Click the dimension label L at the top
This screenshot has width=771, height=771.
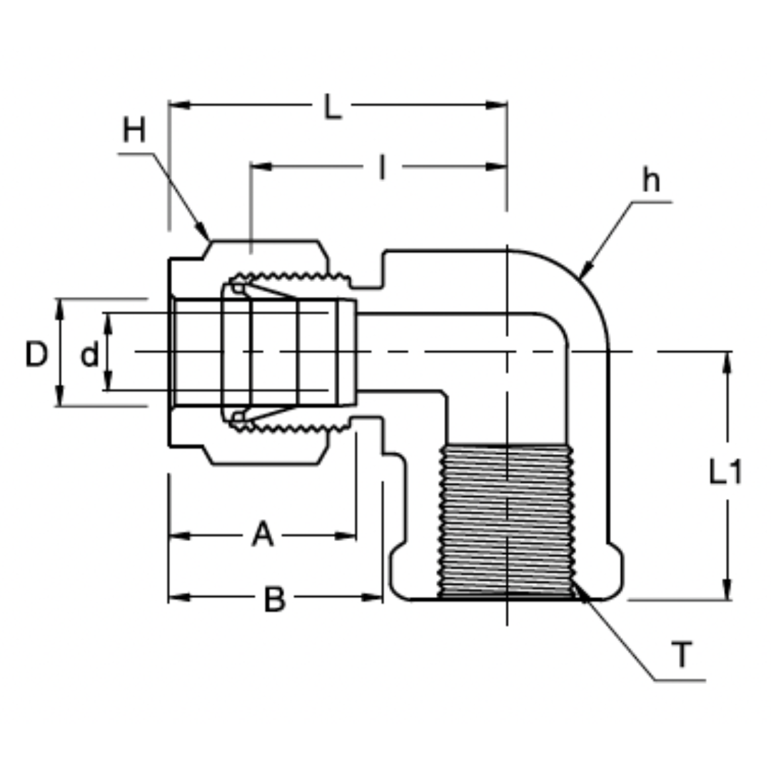coord(332,109)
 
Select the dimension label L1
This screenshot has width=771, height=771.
coord(725,473)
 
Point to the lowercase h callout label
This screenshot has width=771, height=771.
coord(650,181)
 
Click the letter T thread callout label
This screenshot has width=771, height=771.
coord(682,655)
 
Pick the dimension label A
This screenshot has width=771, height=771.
coord(262,535)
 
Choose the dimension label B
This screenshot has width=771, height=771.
coord(274,599)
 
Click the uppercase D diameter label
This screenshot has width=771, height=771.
coord(36,354)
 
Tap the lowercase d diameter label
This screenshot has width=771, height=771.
coord(89,355)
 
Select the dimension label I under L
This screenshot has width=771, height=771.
coord(383,168)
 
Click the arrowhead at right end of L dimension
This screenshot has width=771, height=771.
coord(498,105)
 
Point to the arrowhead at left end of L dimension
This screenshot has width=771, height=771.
coord(178,105)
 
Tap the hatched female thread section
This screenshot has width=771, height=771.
coord(507,521)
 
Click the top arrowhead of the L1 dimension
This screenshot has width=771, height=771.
coord(727,361)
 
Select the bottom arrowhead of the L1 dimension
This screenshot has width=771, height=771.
coord(727,590)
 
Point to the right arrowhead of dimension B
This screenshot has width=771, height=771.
coord(374,597)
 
